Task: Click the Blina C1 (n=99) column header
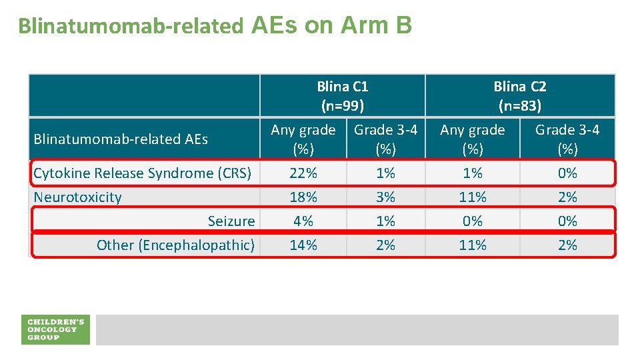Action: [x=343, y=96]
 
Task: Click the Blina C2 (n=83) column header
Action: [x=519, y=96]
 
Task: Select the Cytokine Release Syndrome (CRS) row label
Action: [x=142, y=173]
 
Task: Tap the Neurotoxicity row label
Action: [x=77, y=197]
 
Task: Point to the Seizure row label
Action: [x=231, y=221]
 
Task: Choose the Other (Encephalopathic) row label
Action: [x=175, y=245]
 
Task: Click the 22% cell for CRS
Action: [x=303, y=173]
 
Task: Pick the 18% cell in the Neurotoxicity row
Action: [x=303, y=197]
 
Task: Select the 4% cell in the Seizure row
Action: [x=303, y=221]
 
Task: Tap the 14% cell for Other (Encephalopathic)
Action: [x=303, y=245]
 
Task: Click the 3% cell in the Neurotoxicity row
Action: [x=385, y=197]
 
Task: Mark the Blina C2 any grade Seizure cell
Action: [x=473, y=221]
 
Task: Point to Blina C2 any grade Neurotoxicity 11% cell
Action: [x=473, y=197]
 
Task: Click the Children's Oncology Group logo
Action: [x=55, y=329]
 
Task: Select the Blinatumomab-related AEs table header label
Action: [x=121, y=139]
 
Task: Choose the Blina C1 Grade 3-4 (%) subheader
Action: [x=385, y=139]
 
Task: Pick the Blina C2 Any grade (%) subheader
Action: [x=473, y=139]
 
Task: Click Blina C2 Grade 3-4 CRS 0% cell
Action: [x=567, y=173]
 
